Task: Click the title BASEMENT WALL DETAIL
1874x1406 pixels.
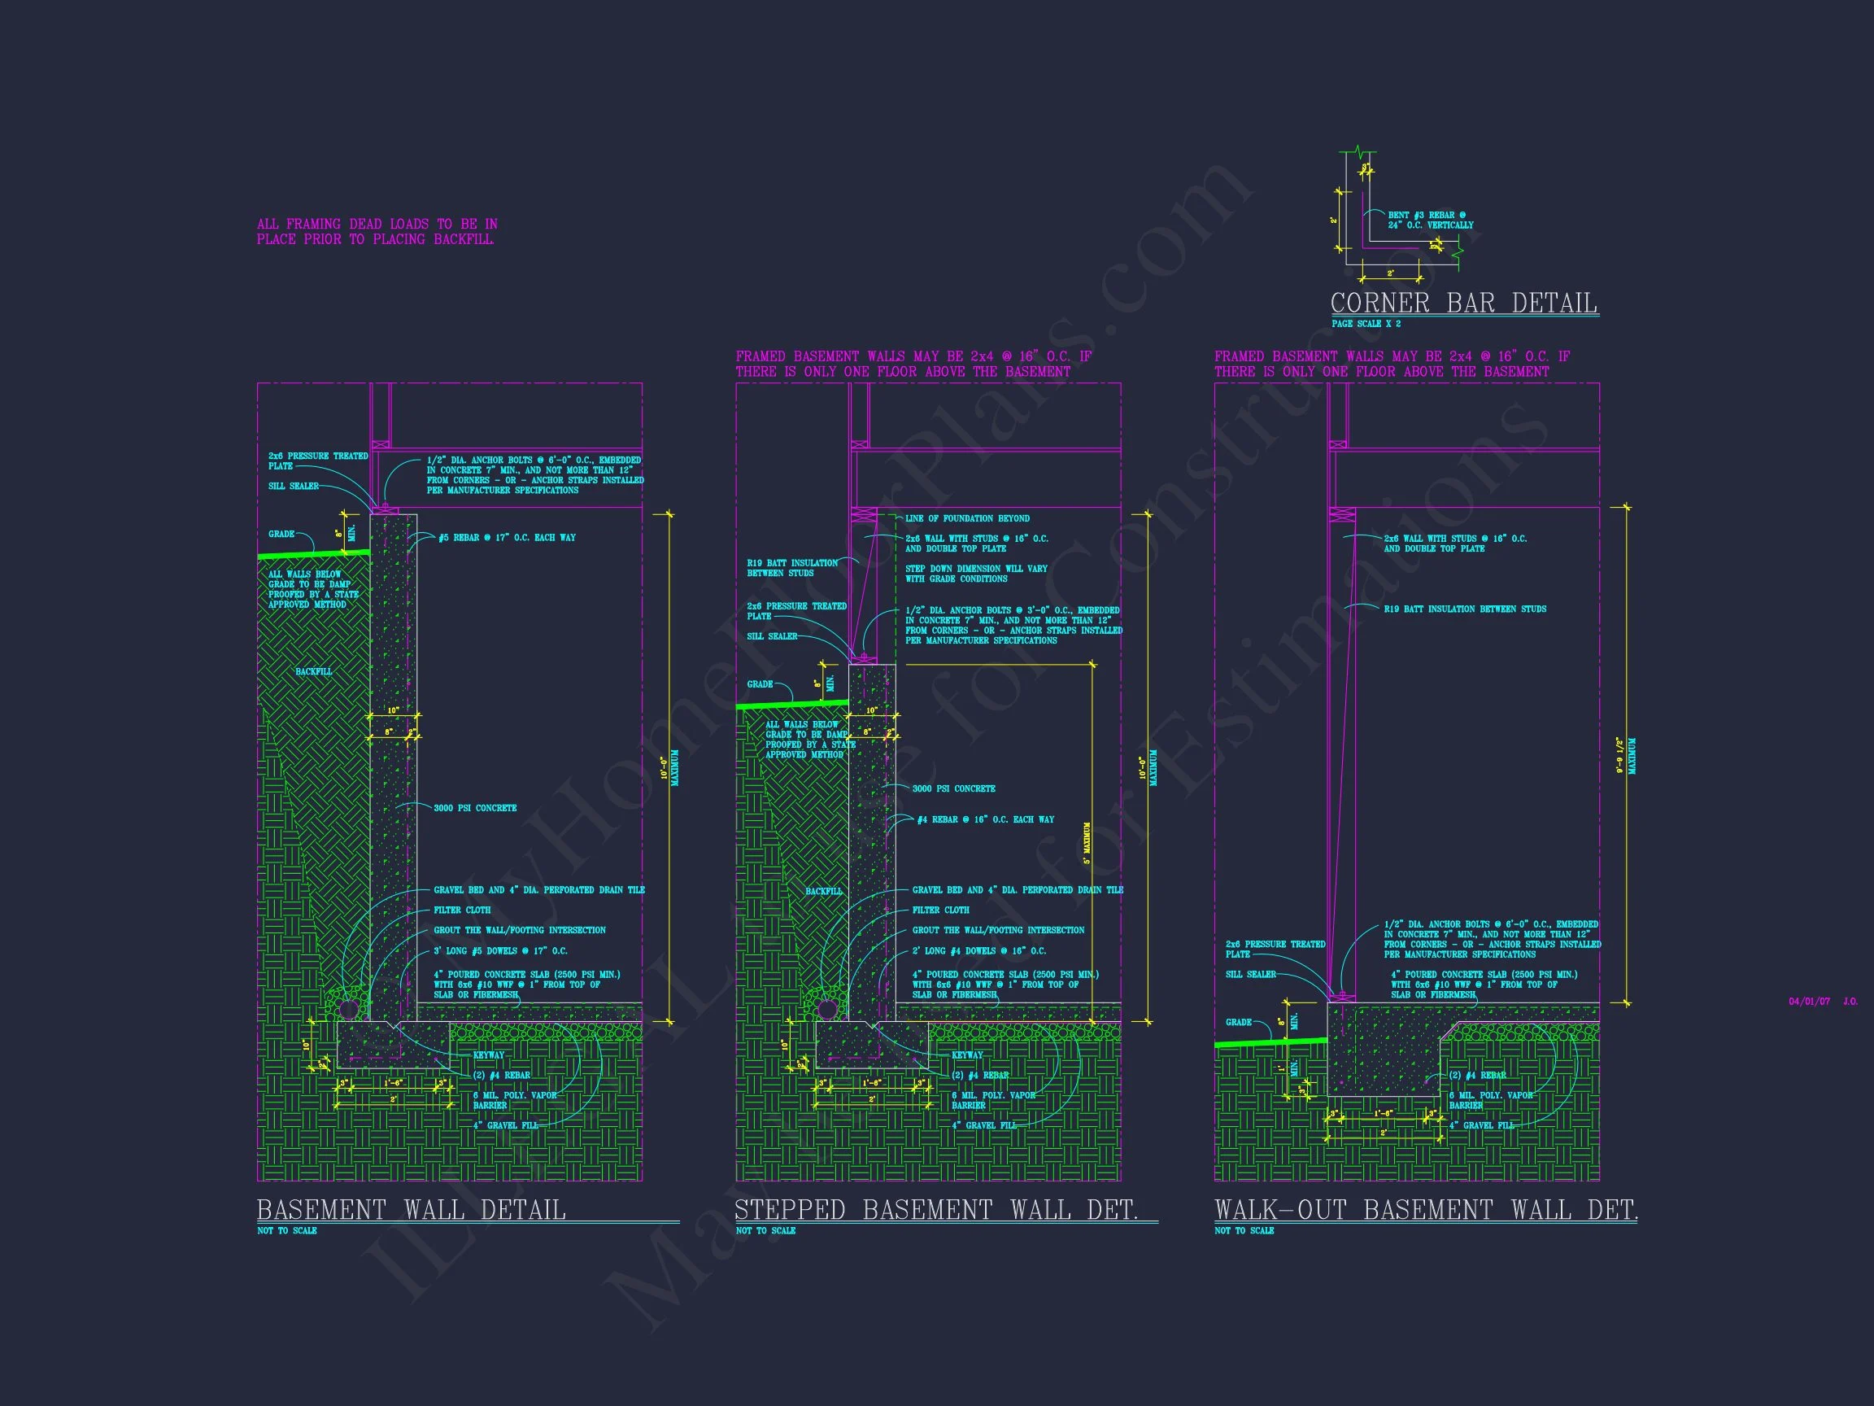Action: (x=411, y=1209)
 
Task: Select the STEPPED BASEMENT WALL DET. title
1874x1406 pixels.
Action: (x=936, y=1209)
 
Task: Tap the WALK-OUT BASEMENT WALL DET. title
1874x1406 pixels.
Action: (x=1426, y=1209)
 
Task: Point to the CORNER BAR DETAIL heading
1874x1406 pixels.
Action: (x=1464, y=303)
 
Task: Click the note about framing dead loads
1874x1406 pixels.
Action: (x=377, y=231)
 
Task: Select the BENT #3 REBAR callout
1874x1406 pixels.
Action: (x=1430, y=221)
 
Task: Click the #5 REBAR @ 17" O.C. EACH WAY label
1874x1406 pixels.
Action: (x=507, y=537)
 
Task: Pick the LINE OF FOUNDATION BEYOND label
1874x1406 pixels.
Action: (x=966, y=517)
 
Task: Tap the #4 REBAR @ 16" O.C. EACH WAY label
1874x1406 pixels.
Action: (x=985, y=819)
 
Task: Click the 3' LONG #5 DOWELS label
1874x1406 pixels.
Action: (x=500, y=951)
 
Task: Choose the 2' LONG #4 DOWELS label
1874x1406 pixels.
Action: (x=978, y=951)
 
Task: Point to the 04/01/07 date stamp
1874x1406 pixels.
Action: (x=1809, y=1002)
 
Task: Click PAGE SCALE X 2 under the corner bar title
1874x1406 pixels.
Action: (x=1366, y=324)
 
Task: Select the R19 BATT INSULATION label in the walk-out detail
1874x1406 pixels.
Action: (x=1465, y=609)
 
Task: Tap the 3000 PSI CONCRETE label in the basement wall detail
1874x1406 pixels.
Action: (x=474, y=808)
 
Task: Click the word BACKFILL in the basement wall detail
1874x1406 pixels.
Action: (x=313, y=671)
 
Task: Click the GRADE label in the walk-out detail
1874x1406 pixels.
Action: (x=1238, y=1022)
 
